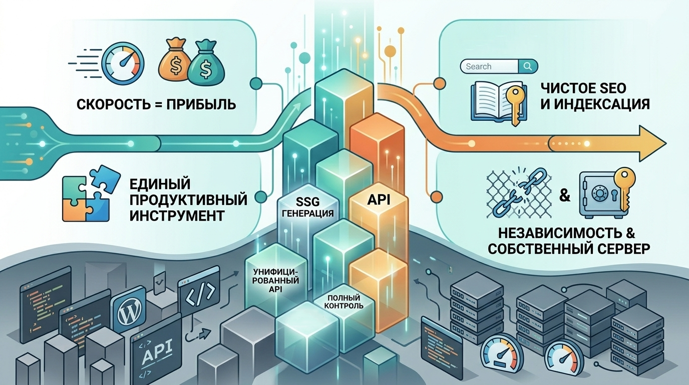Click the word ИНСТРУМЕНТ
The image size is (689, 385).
pos(177,216)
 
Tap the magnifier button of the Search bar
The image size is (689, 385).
pos(528,66)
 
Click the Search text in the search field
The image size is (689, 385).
pos(479,66)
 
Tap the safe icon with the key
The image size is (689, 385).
pos(603,194)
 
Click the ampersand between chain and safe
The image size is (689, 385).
pos(565,195)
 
